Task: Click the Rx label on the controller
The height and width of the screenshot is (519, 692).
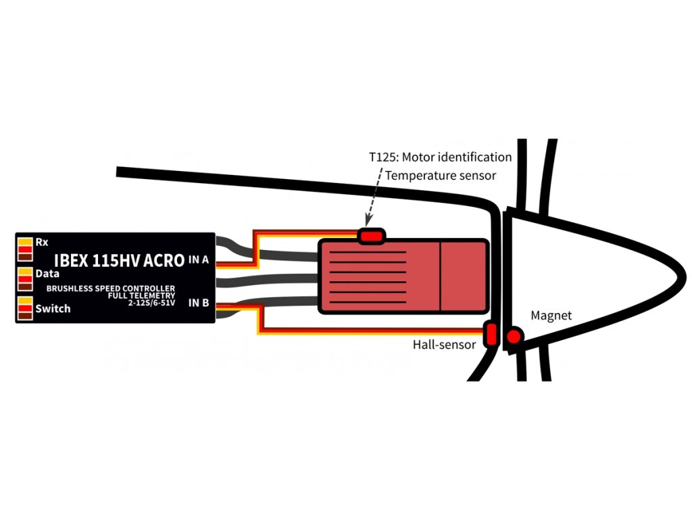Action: (x=41, y=242)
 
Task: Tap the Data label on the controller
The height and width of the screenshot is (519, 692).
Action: (x=47, y=274)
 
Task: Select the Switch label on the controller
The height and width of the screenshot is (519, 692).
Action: (x=52, y=309)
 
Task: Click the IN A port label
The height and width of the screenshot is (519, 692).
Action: (x=198, y=259)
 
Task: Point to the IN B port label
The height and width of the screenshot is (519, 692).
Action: (x=199, y=303)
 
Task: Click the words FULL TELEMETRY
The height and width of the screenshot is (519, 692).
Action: (x=141, y=295)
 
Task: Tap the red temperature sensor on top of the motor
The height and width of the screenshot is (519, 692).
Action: (x=371, y=236)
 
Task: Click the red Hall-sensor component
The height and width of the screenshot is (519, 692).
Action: (x=491, y=333)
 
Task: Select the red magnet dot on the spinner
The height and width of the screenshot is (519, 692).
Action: (x=515, y=336)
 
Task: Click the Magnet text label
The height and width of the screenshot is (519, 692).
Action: (x=551, y=316)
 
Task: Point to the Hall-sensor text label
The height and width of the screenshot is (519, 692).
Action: (x=444, y=345)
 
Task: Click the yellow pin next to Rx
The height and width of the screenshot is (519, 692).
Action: (x=24, y=241)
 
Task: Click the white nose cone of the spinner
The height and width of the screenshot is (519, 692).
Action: (x=595, y=277)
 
